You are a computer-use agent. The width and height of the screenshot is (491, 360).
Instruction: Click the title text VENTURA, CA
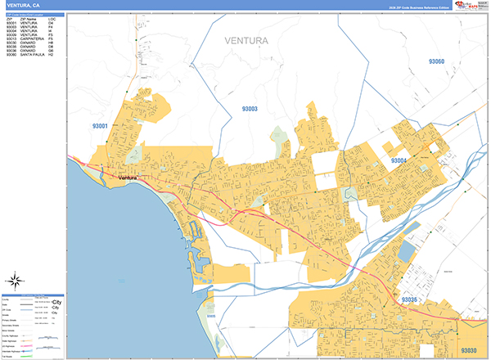click(x=22, y=5)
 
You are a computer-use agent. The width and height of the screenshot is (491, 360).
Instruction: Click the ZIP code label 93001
click(x=101, y=126)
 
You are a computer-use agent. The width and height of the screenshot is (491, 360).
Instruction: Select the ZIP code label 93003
click(x=249, y=109)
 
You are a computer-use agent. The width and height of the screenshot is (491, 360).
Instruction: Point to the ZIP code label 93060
click(x=435, y=62)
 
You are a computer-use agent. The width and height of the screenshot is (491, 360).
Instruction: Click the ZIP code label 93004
click(x=399, y=160)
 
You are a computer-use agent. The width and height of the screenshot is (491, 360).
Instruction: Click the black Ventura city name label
click(x=130, y=178)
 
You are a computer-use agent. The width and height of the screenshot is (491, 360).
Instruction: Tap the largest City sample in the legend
click(x=56, y=302)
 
